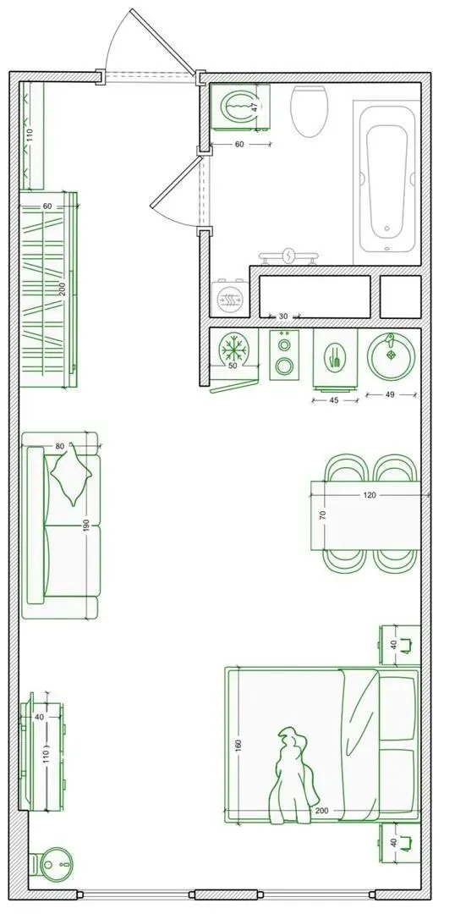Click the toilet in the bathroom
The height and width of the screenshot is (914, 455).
click(309, 111)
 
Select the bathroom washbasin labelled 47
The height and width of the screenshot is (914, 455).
click(239, 105)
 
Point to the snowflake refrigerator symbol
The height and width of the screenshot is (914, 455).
click(233, 350)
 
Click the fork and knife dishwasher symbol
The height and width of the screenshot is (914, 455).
click(335, 357)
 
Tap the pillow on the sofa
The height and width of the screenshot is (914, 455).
click(72, 474)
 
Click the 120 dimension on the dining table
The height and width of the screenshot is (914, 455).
click(370, 495)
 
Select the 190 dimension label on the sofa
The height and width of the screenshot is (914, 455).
click(86, 526)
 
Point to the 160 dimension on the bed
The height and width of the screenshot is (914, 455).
click(238, 745)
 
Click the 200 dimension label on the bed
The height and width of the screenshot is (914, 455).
click(321, 811)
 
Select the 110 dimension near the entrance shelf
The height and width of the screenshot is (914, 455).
click(30, 135)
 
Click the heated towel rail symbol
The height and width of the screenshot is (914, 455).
click(289, 256)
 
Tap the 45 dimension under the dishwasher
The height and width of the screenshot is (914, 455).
click(334, 400)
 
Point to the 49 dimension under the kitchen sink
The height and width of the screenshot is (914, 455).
click(390, 394)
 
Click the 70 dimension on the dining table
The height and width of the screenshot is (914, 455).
click(322, 515)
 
